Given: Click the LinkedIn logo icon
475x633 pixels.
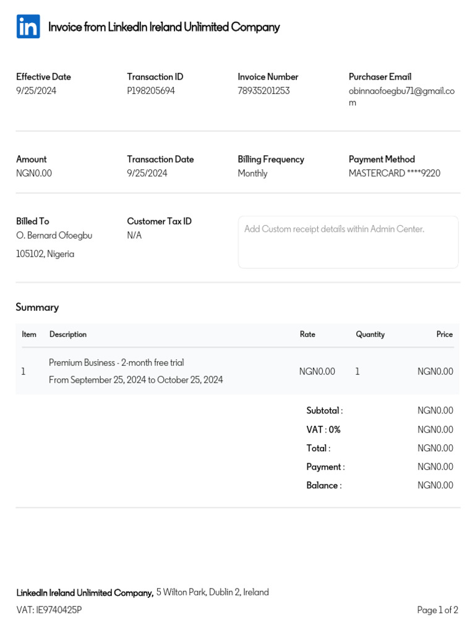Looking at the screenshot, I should [28, 27].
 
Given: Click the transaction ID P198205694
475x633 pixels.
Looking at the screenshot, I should [151, 91].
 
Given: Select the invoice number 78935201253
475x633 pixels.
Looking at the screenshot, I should [263, 91].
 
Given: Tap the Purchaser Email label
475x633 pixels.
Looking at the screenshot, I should [380, 77].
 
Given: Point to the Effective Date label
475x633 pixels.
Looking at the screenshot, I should [43, 77].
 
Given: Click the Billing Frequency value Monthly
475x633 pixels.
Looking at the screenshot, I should [252, 173].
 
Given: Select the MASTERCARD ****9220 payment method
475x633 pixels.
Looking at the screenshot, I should [395, 173].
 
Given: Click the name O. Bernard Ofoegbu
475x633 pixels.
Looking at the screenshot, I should [54, 236].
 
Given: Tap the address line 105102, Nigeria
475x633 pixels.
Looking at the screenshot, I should [45, 254].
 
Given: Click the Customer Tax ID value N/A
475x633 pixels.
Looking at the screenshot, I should [134, 236].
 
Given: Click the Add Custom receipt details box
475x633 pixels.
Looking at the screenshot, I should [348, 242].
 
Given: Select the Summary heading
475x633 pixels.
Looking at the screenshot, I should [37, 307].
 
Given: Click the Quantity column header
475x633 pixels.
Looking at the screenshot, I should [370, 334].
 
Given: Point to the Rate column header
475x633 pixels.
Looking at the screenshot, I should [307, 334].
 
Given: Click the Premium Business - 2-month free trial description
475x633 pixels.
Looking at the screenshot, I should [116, 363].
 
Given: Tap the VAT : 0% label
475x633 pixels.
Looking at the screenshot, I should [323, 430].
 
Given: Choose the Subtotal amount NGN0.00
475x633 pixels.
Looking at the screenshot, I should [435, 410].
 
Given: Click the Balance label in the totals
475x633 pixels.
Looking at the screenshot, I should [323, 485].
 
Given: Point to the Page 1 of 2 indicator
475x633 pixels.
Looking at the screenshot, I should [437, 610].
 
